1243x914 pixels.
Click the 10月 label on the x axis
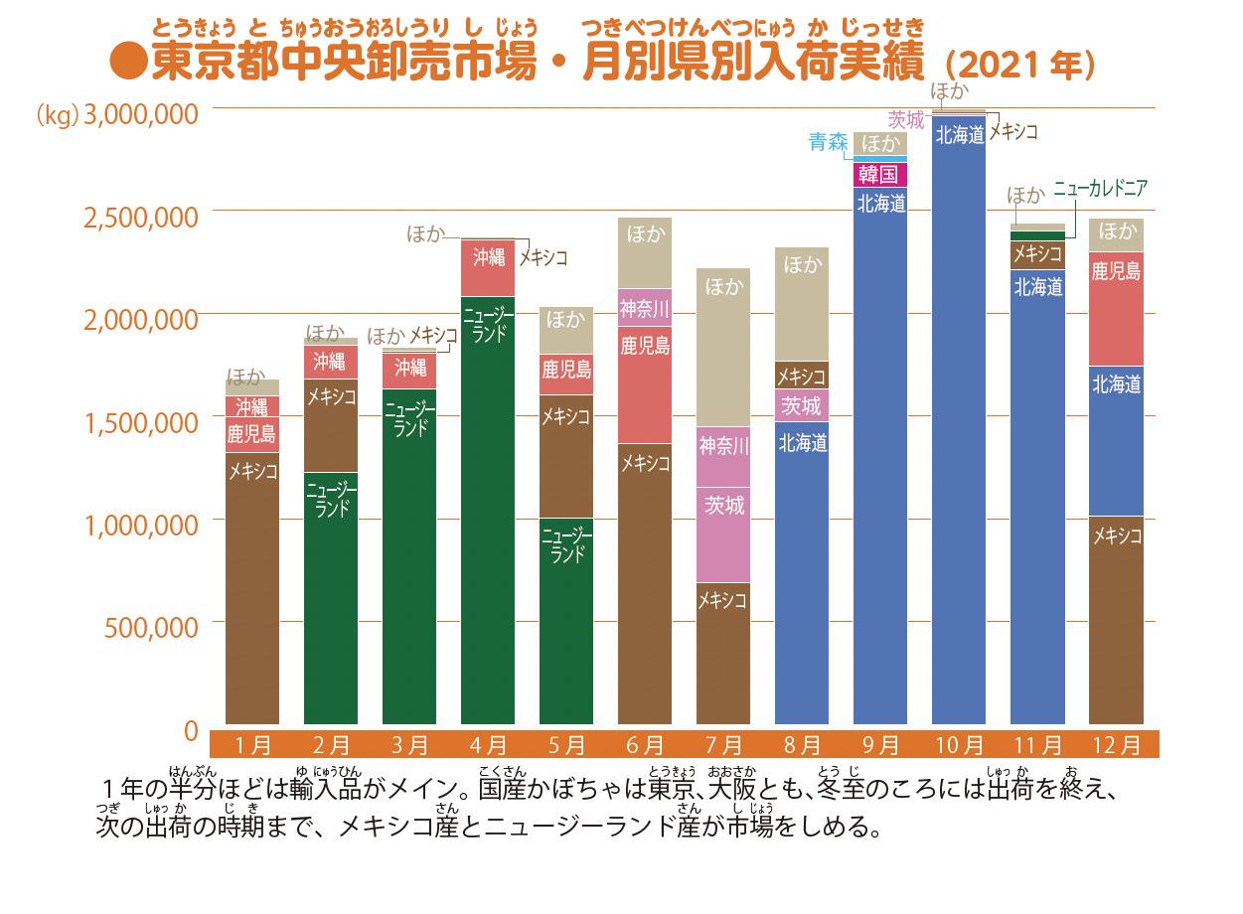(959, 744)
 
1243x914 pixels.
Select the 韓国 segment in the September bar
(880, 175)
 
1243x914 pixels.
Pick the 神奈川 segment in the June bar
(645, 307)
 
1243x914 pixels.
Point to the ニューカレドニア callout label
(1100, 188)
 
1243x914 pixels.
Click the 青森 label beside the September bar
(829, 142)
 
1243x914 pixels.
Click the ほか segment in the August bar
(802, 303)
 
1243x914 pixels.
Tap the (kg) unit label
(57, 115)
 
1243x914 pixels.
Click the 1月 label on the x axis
(252, 744)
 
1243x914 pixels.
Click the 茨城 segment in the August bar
(802, 405)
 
